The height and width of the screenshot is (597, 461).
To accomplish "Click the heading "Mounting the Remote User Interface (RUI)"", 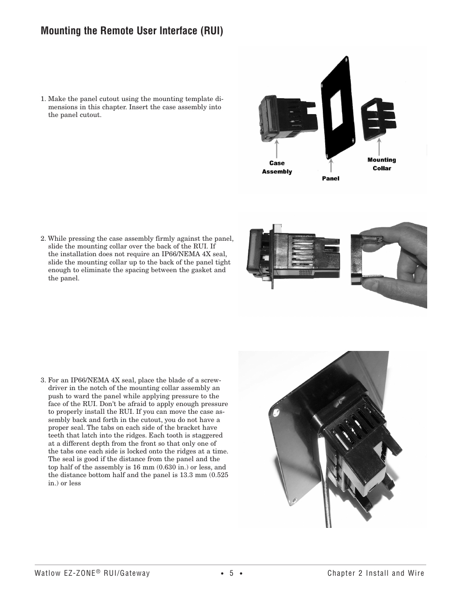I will [x=132, y=31].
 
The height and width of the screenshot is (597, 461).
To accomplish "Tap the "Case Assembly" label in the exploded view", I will [x=277, y=167].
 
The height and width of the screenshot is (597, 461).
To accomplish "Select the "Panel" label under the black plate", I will [x=331, y=178].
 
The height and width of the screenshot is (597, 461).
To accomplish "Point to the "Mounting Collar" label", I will [x=381, y=164].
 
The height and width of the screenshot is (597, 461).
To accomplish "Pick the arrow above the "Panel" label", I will [x=331, y=165].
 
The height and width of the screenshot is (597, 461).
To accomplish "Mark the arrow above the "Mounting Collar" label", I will [x=380, y=146].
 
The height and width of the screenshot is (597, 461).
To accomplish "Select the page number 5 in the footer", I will [x=231, y=573].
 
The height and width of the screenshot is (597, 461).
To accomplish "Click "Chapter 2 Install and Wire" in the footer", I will [x=375, y=573].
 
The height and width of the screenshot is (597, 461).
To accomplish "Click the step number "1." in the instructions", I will [x=43, y=99].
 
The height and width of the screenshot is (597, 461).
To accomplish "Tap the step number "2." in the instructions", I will [x=43, y=238].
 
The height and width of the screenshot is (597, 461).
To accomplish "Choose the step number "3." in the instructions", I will [x=43, y=380].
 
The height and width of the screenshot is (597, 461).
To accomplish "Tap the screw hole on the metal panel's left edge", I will [x=276, y=413].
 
